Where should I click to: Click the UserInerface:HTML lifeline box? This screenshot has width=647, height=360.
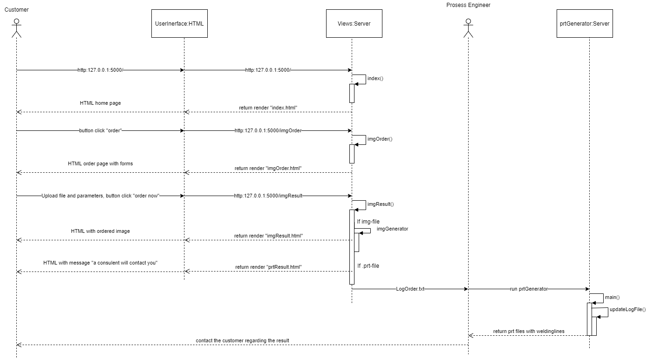click(x=179, y=23)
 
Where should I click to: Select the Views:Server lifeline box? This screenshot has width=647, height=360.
click(x=354, y=23)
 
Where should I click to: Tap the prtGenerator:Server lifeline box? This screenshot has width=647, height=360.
click(x=585, y=23)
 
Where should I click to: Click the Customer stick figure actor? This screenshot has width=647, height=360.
click(x=17, y=28)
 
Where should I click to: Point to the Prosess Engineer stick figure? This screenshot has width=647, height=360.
click(x=468, y=28)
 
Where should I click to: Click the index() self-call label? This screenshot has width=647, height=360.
click(x=375, y=78)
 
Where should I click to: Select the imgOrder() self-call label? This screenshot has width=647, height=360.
click(x=380, y=139)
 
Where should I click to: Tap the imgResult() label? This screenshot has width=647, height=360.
click(x=381, y=204)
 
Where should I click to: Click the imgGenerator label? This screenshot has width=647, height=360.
click(x=392, y=229)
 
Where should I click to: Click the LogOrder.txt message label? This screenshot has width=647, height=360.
click(x=410, y=289)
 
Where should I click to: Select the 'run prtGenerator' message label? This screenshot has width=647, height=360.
click(x=529, y=289)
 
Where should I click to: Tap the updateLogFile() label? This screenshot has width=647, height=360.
click(x=624, y=309)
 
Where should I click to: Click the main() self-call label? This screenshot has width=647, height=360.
click(x=612, y=297)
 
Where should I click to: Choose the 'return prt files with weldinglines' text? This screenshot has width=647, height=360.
click(x=529, y=331)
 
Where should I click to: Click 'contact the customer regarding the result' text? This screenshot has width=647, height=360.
click(x=242, y=340)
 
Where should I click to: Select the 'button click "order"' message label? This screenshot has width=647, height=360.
click(x=101, y=131)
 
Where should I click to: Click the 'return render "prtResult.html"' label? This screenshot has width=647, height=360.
click(x=268, y=267)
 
